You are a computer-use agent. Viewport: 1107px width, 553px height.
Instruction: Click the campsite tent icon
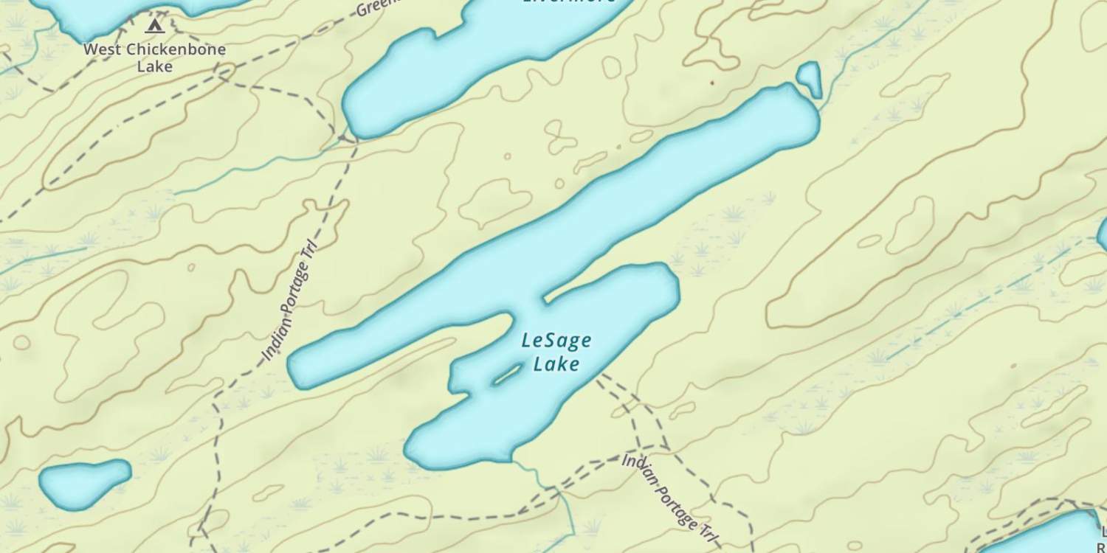point(154,27)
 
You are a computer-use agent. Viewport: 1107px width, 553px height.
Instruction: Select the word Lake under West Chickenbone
point(154,66)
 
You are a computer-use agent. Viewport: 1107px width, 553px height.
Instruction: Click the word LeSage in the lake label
point(556,341)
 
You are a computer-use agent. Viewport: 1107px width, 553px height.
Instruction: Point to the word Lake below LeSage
point(556,364)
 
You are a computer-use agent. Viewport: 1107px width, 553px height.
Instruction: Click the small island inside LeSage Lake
point(507,375)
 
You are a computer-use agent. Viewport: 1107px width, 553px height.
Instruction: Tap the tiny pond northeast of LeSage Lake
point(810,77)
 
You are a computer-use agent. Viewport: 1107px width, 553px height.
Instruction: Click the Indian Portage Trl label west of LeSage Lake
point(290,302)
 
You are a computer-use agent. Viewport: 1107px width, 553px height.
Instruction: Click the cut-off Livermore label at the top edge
point(568,2)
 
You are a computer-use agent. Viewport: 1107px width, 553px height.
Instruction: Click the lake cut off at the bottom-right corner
point(1048,535)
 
